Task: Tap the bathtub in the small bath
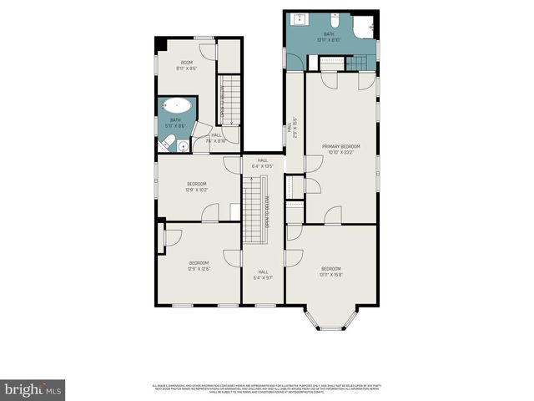tap(176, 106)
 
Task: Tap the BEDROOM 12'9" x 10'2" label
tap(197, 186)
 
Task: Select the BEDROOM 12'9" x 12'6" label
tap(199, 266)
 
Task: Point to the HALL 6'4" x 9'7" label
tap(263, 274)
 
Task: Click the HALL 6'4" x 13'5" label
tap(263, 163)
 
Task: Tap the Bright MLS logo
tap(33, 388)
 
